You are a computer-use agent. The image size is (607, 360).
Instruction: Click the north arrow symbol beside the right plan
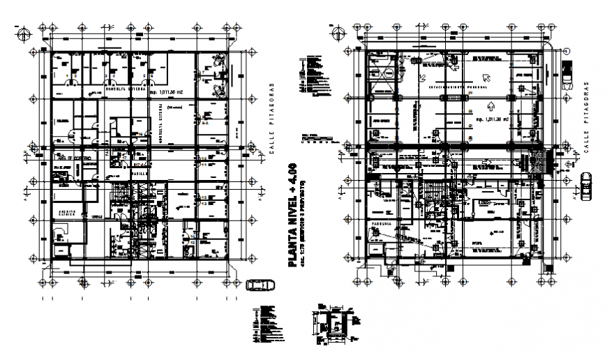(x=338, y=31)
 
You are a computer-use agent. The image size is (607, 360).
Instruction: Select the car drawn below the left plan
(x=259, y=285)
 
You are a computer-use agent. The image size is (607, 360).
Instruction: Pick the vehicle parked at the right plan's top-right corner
(x=565, y=72)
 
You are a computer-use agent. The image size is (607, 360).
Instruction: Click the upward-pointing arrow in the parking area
(x=490, y=107)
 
